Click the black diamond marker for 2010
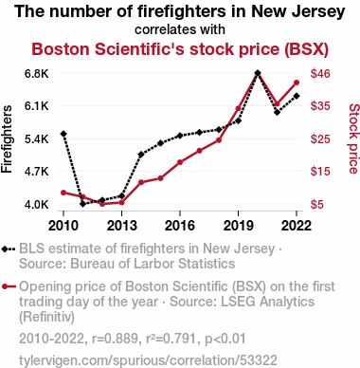[x=63, y=134]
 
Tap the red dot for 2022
[x=297, y=83]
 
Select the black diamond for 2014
[x=141, y=155]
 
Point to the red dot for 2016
[x=180, y=162]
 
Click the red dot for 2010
[x=63, y=193]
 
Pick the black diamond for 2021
[x=278, y=112]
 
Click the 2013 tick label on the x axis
[x=122, y=226]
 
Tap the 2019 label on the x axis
[x=238, y=226]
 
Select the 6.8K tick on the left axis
[x=37, y=74]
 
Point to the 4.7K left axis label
[x=37, y=172]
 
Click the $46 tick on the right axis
[x=320, y=74]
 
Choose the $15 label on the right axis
[x=320, y=172]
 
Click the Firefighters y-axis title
[x=7, y=139]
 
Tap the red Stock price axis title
[x=354, y=138]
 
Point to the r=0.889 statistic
[x=115, y=339]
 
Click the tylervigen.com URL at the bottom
[x=148, y=360]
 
